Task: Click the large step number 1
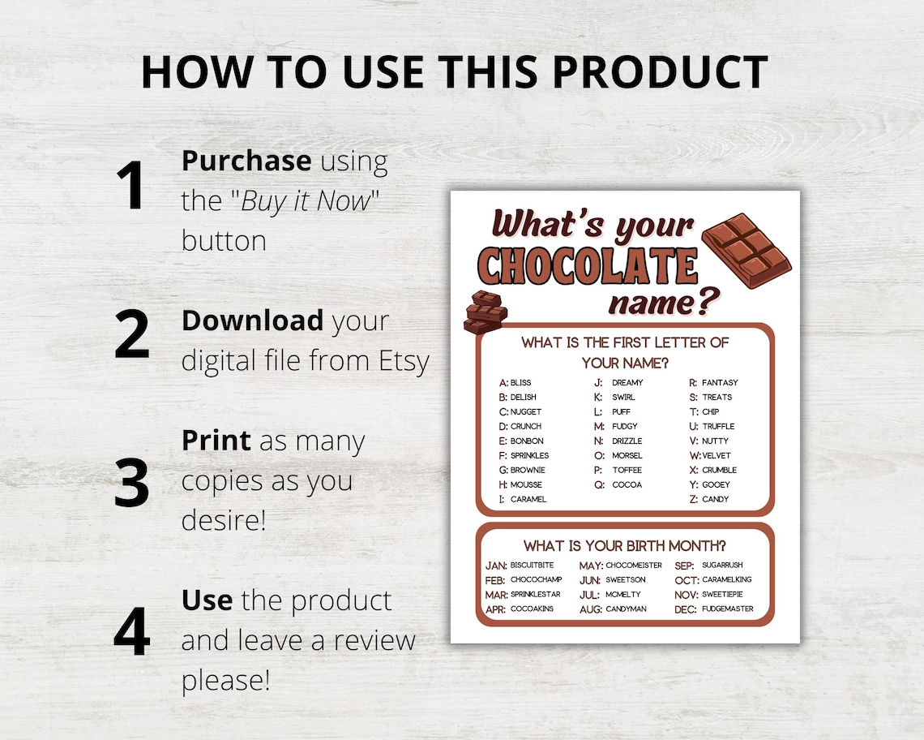(x=130, y=186)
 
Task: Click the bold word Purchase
(x=246, y=161)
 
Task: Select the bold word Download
(x=252, y=321)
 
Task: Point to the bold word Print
(x=216, y=441)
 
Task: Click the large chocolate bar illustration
(x=746, y=250)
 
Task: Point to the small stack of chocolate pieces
(x=485, y=312)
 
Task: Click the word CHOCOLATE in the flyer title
(x=588, y=265)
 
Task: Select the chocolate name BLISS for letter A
(x=521, y=383)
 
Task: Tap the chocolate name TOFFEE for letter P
(x=627, y=471)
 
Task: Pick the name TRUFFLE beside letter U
(x=718, y=427)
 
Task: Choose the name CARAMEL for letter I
(x=528, y=500)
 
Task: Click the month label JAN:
(x=496, y=566)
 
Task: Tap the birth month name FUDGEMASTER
(x=727, y=609)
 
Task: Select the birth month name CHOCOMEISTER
(x=634, y=566)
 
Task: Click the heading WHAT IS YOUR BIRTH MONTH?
(x=624, y=545)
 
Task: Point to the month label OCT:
(x=686, y=580)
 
